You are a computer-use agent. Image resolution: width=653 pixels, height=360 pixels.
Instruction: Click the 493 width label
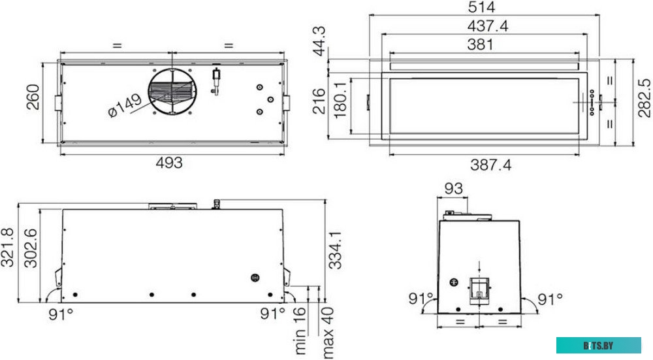point(169,163)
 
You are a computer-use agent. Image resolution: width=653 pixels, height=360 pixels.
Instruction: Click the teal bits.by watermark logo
point(599,345)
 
